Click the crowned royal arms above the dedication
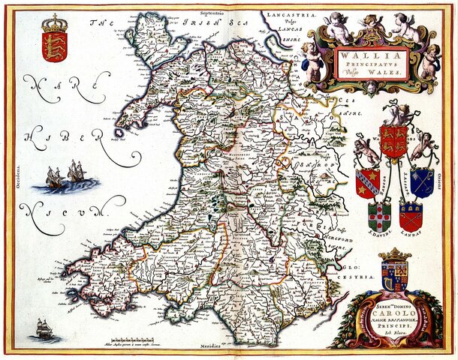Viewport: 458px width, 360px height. tap(393, 271)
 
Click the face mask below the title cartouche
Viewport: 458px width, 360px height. tap(373, 88)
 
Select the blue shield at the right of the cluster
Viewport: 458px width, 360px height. tap(422, 181)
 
